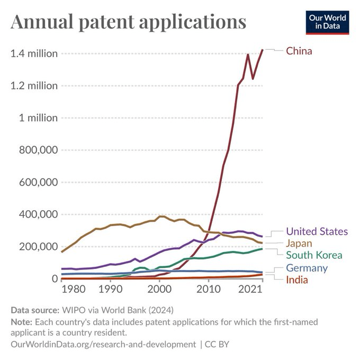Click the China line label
point(299,51)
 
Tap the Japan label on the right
point(299,244)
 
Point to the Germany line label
point(307,268)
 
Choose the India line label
point(297,280)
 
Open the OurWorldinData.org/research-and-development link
point(103,344)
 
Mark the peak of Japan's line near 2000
point(161,216)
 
